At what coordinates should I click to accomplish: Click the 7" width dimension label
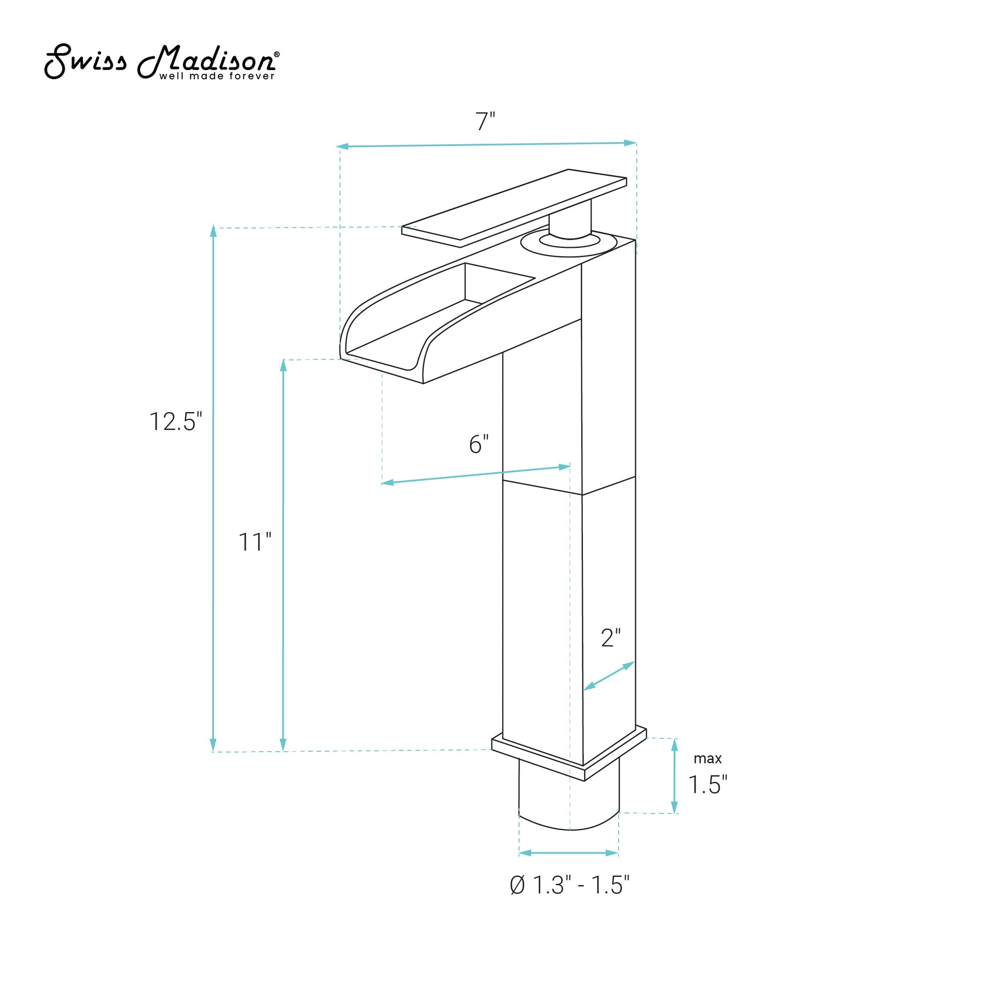tap(485, 122)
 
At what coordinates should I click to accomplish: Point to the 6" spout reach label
tap(479, 444)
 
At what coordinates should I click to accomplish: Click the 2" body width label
tap(611, 638)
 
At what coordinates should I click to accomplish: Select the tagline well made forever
tap(217, 76)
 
